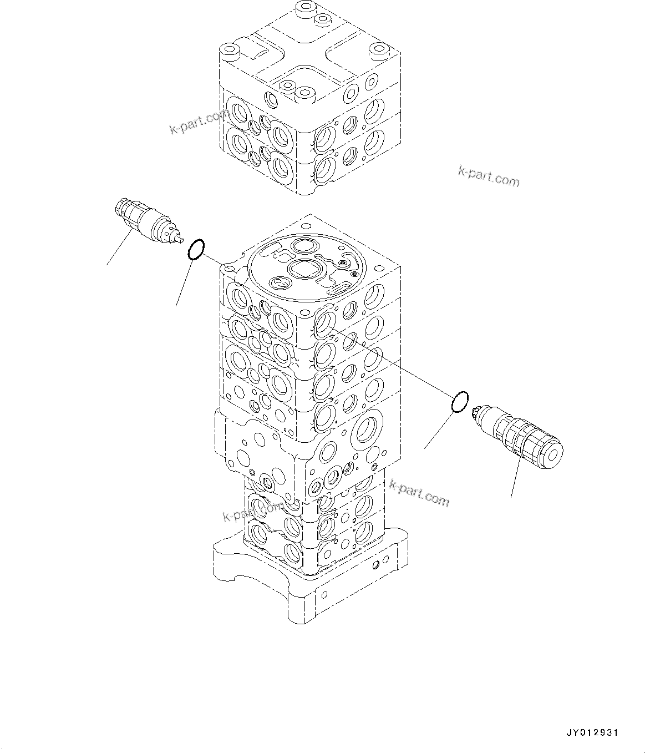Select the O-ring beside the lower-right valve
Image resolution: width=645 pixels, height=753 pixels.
coord(460,401)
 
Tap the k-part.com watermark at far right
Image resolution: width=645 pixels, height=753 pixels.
coord(489,176)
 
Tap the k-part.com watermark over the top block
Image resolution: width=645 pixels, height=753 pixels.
coord(199,123)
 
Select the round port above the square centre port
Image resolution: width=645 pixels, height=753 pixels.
coord(304,246)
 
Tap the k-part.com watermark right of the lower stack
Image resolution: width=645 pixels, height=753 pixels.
coord(419,492)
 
